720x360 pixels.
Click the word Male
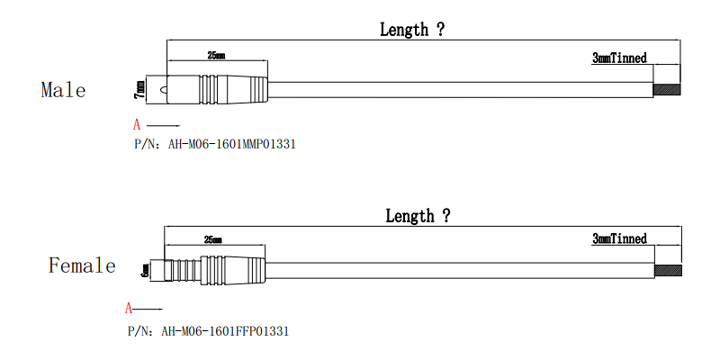point(63,89)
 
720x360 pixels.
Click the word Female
point(82,265)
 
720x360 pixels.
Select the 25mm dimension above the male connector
point(216,56)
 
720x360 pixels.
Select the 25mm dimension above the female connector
point(213,239)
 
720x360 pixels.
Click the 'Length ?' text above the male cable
point(412,30)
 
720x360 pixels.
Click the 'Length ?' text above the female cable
point(418,215)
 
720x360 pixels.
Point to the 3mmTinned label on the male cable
point(619,58)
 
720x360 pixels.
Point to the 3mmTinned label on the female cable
point(619,238)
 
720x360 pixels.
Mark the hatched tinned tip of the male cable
point(667,89)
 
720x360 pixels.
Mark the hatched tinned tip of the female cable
point(668,271)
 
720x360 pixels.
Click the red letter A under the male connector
point(137,125)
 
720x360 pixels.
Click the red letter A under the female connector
point(129,308)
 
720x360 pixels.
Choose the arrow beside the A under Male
point(164,125)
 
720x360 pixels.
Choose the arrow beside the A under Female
point(148,309)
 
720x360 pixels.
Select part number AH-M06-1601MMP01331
point(232,144)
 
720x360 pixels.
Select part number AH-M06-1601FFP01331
point(225,331)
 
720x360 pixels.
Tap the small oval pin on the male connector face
point(162,90)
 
